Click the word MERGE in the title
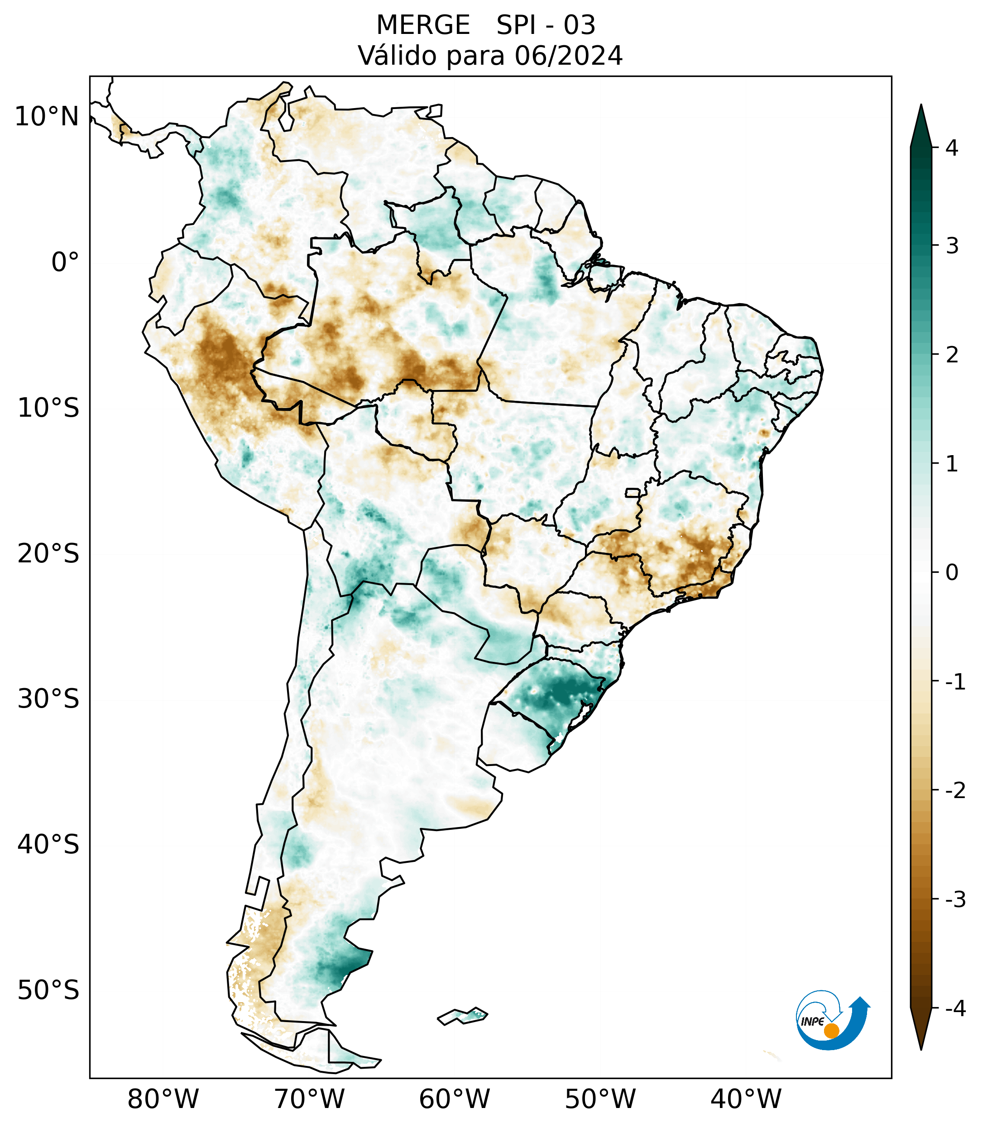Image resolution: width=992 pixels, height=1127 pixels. click(x=423, y=25)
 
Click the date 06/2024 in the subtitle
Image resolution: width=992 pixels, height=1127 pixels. click(x=568, y=56)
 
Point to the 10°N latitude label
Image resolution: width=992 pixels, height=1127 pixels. click(x=47, y=117)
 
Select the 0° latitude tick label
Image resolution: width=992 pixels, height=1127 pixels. click(x=65, y=262)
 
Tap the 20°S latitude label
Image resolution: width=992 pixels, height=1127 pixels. click(x=48, y=554)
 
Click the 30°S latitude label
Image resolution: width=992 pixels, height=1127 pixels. click(x=48, y=699)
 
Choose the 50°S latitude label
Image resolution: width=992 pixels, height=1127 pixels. click(x=48, y=991)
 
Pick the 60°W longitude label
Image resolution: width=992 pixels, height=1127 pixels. click(x=454, y=1099)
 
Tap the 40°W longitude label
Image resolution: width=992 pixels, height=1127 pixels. click(x=746, y=1099)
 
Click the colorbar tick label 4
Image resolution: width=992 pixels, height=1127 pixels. click(x=952, y=148)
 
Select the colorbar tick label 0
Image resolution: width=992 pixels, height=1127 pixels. click(x=952, y=573)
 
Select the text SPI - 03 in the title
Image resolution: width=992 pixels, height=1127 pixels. click(x=546, y=25)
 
